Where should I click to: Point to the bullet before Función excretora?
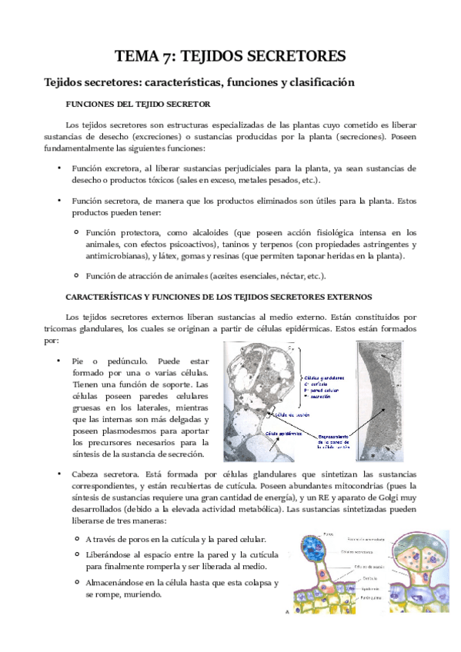click(x=58, y=167)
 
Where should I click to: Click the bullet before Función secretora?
click(x=58, y=200)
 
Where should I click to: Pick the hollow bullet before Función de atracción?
click(x=76, y=275)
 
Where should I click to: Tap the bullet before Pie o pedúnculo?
click(x=58, y=360)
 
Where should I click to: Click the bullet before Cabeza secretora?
click(x=58, y=475)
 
